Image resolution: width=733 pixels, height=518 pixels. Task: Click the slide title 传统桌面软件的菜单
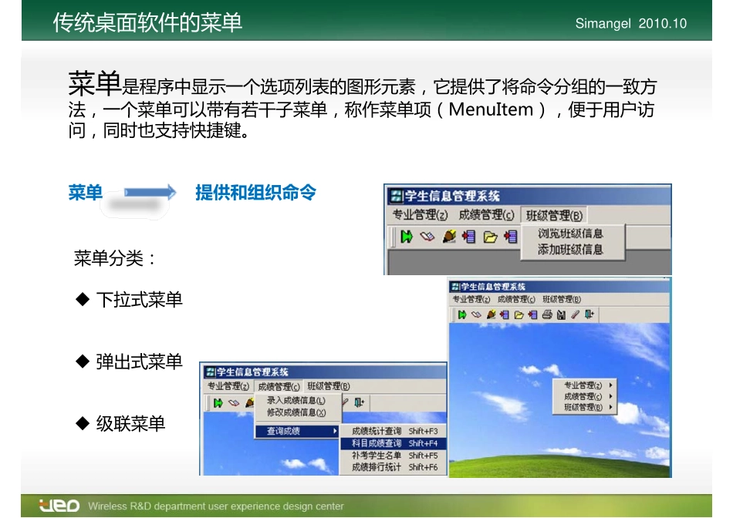(x=147, y=22)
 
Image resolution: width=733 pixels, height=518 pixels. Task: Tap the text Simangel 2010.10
(x=630, y=24)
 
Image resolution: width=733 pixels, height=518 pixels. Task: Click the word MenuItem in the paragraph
(x=491, y=109)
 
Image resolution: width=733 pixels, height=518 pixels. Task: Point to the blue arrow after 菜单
(x=151, y=193)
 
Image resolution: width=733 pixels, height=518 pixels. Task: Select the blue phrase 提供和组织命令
(x=255, y=193)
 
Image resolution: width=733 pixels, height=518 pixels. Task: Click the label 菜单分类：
(x=115, y=258)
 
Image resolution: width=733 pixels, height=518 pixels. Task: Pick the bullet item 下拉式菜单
(x=139, y=299)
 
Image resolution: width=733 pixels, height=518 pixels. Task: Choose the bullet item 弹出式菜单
(x=139, y=362)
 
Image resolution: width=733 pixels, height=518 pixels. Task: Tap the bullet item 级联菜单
(x=130, y=424)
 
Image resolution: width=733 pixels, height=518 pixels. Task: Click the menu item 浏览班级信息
(x=570, y=234)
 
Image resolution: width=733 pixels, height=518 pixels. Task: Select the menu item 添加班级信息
(x=570, y=250)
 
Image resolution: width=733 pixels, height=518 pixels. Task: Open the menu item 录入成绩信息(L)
(x=296, y=401)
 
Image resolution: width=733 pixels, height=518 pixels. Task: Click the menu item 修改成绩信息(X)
(x=296, y=412)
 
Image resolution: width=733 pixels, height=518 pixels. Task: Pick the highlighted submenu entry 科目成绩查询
(x=377, y=443)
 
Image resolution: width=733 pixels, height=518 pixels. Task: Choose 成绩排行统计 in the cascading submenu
(x=377, y=467)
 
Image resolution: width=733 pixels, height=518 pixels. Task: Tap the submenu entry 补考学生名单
(x=377, y=456)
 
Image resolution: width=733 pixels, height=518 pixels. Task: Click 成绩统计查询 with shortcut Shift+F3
(x=377, y=431)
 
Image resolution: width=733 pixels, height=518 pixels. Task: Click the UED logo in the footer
(x=59, y=506)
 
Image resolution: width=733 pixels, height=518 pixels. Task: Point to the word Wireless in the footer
(x=106, y=506)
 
